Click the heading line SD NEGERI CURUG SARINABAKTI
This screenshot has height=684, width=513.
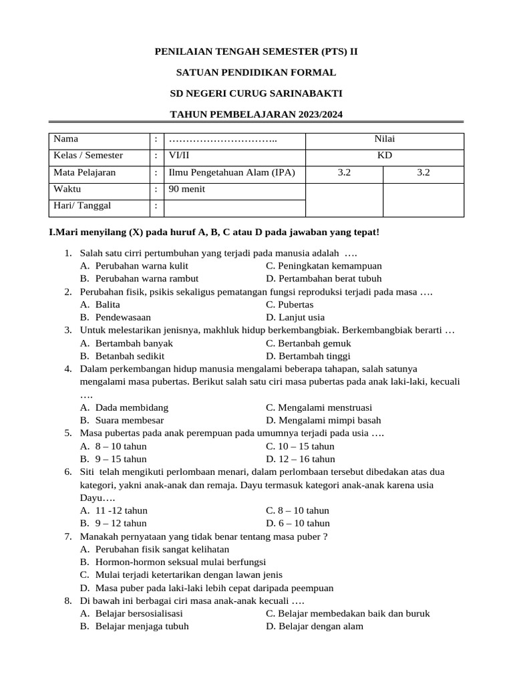[x=256, y=94]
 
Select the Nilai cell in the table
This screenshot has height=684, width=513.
[x=384, y=139]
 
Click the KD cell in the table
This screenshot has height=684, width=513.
[x=384, y=156]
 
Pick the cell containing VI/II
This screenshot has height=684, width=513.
[x=180, y=156]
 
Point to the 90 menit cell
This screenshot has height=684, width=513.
[x=187, y=189]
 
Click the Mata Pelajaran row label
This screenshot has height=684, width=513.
[x=84, y=172]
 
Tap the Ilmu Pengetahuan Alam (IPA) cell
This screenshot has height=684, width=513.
[x=232, y=172]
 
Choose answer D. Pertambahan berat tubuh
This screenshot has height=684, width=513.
[x=323, y=279]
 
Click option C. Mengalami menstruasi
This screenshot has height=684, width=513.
[x=319, y=407]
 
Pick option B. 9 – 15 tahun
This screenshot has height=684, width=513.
[x=113, y=459]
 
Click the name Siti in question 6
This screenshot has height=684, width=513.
[x=88, y=472]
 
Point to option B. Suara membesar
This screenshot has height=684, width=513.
[x=122, y=420]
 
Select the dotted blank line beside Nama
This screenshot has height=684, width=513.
[x=223, y=140]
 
